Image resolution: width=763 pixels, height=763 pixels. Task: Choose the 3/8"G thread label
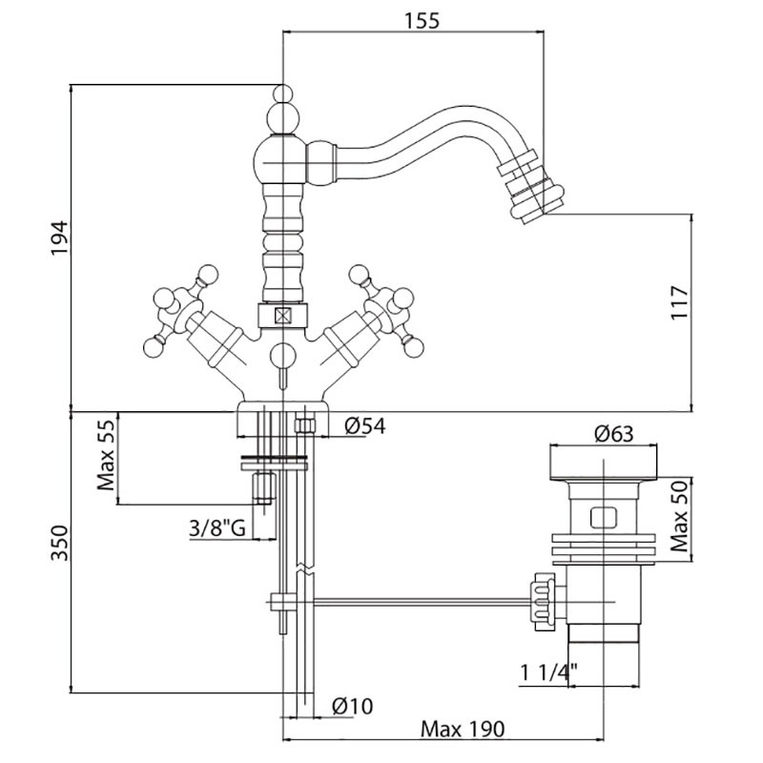tap(217, 527)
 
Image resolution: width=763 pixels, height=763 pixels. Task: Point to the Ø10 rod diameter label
tap(351, 707)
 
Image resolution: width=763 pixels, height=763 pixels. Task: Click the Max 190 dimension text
tap(463, 730)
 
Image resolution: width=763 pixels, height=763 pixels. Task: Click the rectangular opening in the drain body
tap(603, 519)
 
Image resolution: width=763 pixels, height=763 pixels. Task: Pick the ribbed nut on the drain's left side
tap(541, 601)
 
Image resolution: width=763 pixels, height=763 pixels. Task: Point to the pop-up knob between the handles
tap(282, 357)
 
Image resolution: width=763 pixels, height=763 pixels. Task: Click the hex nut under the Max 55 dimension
tap(263, 489)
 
